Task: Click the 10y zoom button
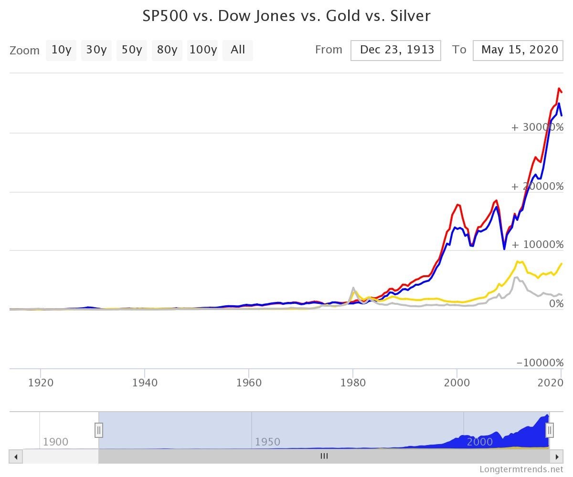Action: coord(61,50)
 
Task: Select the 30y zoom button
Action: coord(96,50)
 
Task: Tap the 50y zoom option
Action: coord(131,50)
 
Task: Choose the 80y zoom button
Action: coord(167,50)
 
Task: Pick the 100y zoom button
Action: coord(202,50)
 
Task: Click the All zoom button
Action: coord(237,50)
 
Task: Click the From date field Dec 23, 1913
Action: coord(396,50)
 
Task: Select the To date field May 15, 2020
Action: coord(519,50)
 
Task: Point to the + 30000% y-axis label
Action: coord(537,127)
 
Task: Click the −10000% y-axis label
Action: coord(540,363)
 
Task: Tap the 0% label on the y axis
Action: coord(556,304)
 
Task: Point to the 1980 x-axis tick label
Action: coord(353,383)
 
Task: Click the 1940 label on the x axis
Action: coord(145,383)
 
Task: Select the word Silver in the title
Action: coord(411,16)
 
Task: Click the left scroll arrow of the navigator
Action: coord(16,456)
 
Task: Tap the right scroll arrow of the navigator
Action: coord(556,456)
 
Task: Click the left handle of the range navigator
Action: coord(99,430)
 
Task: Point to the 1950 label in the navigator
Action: coord(267,442)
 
